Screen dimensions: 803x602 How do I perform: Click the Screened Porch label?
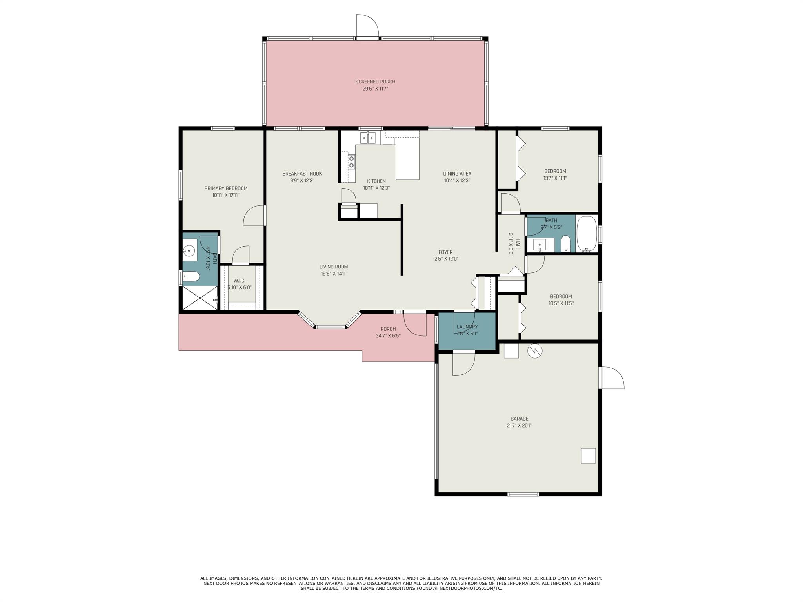tap(375, 82)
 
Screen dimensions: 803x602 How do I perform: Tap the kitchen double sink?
tap(368, 138)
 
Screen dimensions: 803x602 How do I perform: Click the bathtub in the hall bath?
tap(587, 234)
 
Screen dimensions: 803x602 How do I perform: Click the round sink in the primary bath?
tap(190, 250)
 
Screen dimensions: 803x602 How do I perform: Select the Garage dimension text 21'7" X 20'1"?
tap(519, 425)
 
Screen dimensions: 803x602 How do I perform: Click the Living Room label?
tap(334, 267)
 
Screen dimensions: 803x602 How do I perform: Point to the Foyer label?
tap(445, 252)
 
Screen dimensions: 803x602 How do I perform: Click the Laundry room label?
tap(467, 327)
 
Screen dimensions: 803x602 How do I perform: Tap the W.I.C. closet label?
tap(239, 281)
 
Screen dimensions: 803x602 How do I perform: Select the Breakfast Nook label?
tap(302, 174)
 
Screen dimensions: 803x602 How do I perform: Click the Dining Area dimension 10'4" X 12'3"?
tap(457, 181)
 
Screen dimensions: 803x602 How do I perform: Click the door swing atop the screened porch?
tap(367, 26)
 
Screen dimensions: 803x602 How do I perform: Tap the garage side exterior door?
tap(612, 378)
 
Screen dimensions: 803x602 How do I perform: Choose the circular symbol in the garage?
tap(534, 351)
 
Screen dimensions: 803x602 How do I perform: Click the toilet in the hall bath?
tap(566, 243)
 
